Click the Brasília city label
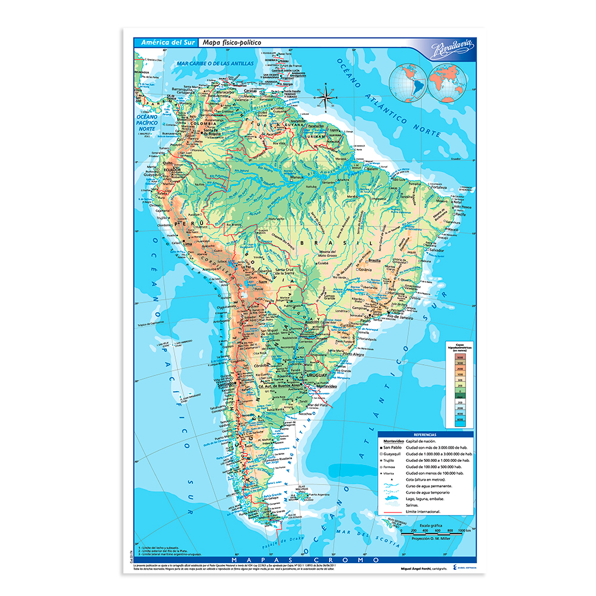pyautogui.click(x=375, y=261)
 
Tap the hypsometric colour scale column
pyautogui.click(x=460, y=387)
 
